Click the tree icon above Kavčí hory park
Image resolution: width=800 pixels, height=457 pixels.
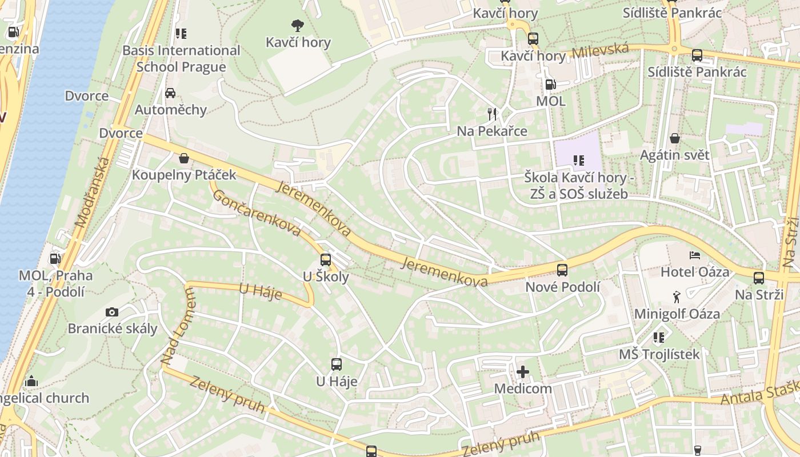pyautogui.click(x=297, y=25)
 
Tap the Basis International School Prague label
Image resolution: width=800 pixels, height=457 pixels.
pyautogui.click(x=181, y=59)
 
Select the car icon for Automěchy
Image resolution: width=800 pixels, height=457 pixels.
pyautogui.click(x=170, y=93)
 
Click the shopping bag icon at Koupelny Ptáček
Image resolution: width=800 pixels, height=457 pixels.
pyautogui.click(x=184, y=158)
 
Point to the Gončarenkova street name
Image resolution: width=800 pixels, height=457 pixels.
pyautogui.click(x=257, y=213)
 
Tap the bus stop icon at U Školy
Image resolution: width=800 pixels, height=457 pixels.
pyautogui.click(x=325, y=259)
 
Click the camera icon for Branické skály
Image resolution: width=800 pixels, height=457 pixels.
pyautogui.click(x=112, y=312)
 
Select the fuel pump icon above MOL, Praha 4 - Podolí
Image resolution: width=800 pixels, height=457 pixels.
pyautogui.click(x=55, y=258)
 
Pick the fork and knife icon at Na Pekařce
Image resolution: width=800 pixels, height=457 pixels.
pyautogui.click(x=492, y=114)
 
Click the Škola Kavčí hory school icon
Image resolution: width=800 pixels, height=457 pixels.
pyautogui.click(x=578, y=161)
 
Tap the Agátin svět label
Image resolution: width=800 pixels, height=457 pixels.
pyautogui.click(x=674, y=155)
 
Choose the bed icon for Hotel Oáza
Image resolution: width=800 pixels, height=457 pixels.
pyautogui.click(x=694, y=255)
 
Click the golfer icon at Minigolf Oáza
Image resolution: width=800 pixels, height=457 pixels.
pyautogui.click(x=677, y=296)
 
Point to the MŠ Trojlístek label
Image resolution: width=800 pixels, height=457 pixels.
pyautogui.click(x=659, y=354)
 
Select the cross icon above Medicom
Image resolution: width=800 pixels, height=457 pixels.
pyautogui.click(x=522, y=372)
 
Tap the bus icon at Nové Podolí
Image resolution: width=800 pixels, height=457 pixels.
pyautogui.click(x=562, y=270)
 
